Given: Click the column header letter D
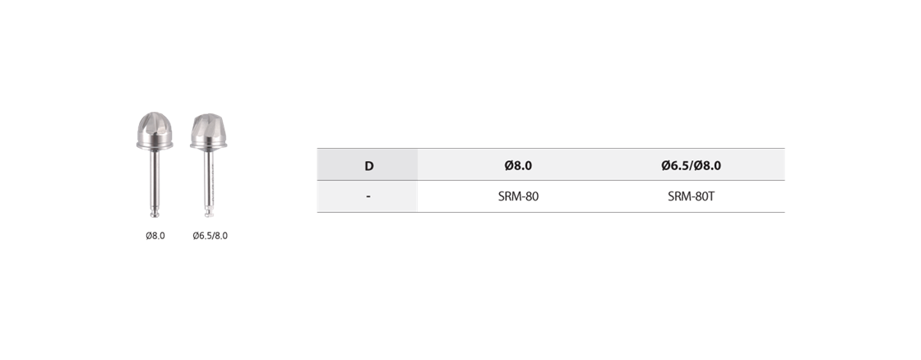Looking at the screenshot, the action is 369,165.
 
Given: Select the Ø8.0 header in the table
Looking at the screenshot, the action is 518,165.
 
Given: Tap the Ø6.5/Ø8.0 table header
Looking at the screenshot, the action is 691,165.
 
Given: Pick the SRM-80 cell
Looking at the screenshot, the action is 518,196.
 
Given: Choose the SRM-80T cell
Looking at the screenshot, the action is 691,196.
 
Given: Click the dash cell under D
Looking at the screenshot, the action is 368,196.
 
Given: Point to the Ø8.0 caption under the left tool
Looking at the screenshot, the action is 155,236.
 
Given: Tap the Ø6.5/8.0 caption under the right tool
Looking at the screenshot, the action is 210,236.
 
